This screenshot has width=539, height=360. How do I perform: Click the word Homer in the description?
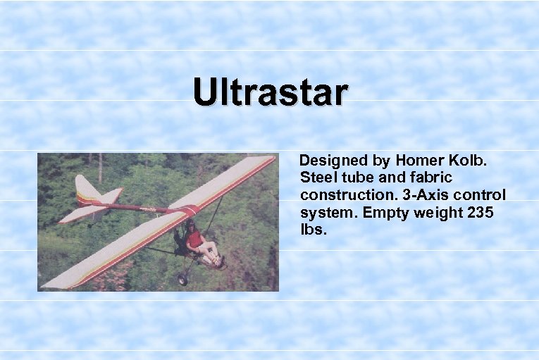419,160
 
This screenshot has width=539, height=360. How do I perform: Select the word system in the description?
326,212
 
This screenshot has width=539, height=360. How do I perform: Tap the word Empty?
380,212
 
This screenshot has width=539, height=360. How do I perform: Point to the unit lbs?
314,230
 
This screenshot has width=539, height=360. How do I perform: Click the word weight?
433,212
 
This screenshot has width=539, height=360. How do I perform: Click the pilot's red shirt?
194,239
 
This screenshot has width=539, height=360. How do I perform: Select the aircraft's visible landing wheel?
184,280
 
